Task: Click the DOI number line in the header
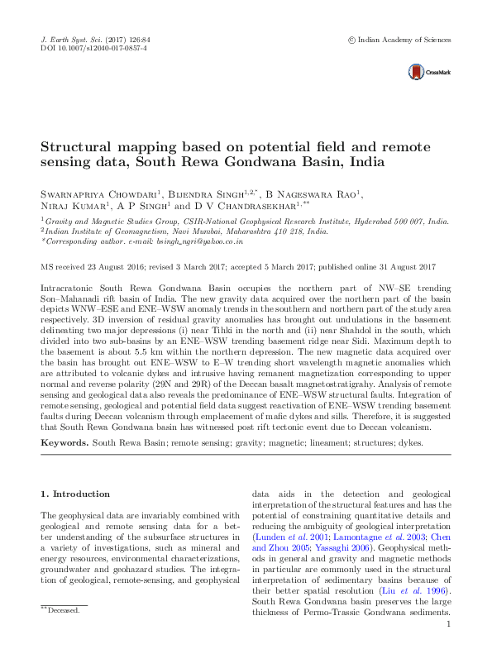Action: point(93,49)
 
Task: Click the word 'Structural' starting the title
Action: point(75,146)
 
